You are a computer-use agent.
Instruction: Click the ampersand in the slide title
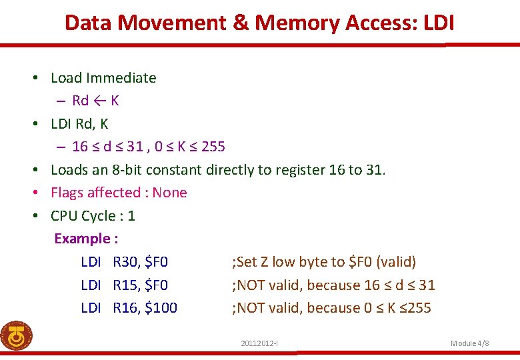(x=241, y=23)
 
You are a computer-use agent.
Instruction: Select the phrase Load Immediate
(x=103, y=78)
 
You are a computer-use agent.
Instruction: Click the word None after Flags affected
(x=169, y=193)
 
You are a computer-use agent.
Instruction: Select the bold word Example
(x=81, y=239)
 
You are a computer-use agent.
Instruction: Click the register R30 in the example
(x=125, y=262)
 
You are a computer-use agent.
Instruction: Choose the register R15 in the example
(x=125, y=285)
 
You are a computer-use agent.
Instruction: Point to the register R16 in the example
(x=125, y=308)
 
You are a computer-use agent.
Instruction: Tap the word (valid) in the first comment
(x=396, y=262)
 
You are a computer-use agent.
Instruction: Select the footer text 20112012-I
(x=259, y=343)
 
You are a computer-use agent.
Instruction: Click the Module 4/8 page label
(x=470, y=343)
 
